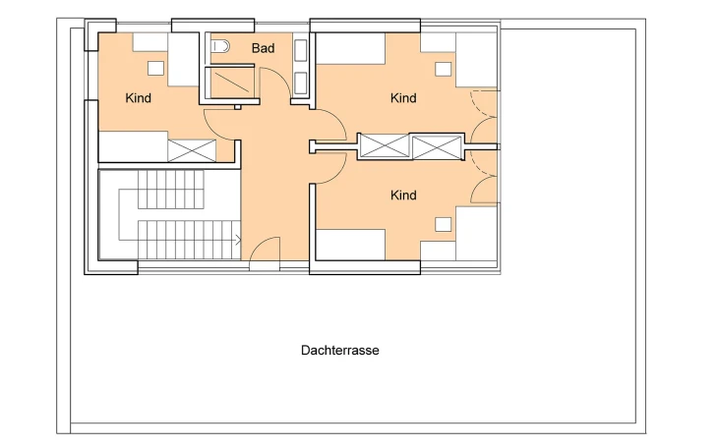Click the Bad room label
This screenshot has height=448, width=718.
pyautogui.click(x=263, y=48)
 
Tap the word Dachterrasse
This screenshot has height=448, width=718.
pyautogui.click(x=339, y=350)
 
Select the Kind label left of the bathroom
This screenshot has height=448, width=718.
pyautogui.click(x=138, y=98)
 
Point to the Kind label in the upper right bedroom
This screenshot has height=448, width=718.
pyautogui.click(x=403, y=98)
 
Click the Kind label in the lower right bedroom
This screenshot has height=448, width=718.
pyautogui.click(x=403, y=196)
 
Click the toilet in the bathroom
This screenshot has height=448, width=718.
pyautogui.click(x=220, y=46)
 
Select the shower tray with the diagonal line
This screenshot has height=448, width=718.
pyautogui.click(x=231, y=83)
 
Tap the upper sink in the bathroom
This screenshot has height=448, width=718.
pyautogui.click(x=300, y=50)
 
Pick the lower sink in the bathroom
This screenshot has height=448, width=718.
pyautogui.click(x=300, y=83)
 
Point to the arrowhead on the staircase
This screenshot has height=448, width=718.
pyautogui.click(x=239, y=240)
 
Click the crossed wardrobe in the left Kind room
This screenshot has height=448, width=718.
pyautogui.click(x=192, y=150)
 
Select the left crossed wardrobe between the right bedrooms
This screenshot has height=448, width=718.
pyautogui.click(x=384, y=146)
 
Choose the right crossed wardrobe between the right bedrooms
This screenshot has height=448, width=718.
pyautogui.click(x=438, y=147)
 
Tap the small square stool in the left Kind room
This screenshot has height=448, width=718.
pyautogui.click(x=155, y=68)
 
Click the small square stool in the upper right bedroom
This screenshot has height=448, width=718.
pyautogui.click(x=443, y=69)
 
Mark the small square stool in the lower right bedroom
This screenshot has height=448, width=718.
pyautogui.click(x=443, y=224)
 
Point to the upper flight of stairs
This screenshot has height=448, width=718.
pyautogui.click(x=171, y=190)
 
